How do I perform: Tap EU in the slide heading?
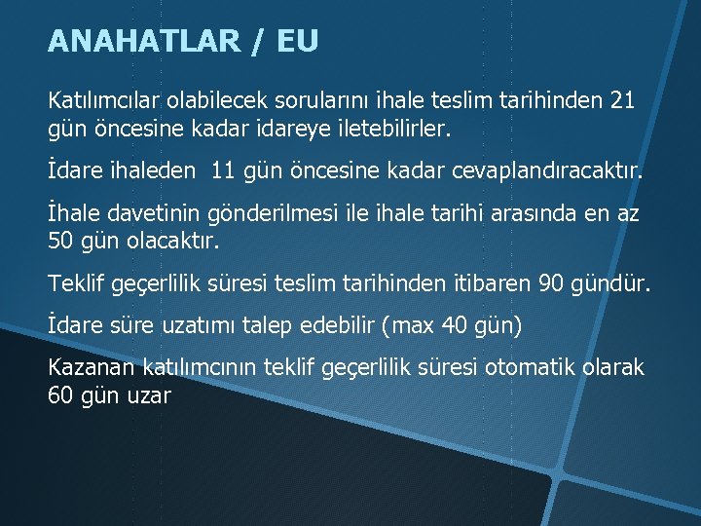297,41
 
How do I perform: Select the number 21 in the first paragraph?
620,100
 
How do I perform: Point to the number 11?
223,171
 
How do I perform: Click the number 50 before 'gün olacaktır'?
60,240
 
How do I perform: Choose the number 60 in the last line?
60,395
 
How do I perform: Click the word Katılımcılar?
105,100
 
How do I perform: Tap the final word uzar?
149,395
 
